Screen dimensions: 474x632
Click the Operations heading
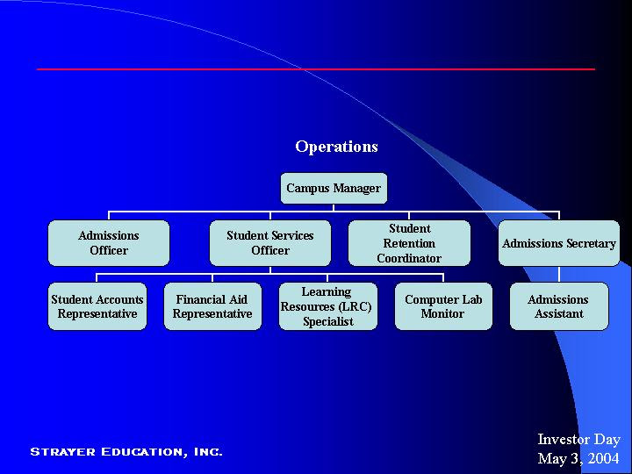tap(336, 147)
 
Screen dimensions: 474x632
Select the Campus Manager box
tap(334, 189)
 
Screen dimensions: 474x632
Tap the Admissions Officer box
tap(109, 243)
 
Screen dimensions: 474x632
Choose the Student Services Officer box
tap(270, 243)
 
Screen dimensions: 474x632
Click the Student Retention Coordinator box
tap(409, 243)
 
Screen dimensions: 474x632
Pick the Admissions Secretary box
tap(559, 243)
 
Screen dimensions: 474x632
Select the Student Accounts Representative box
tap(97, 306)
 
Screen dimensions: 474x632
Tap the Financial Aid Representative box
tap(212, 306)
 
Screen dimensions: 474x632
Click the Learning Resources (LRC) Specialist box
tap(327, 306)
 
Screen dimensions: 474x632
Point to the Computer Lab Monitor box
tap(443, 306)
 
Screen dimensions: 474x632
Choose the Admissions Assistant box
tap(559, 306)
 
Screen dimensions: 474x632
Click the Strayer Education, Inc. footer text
tap(126, 452)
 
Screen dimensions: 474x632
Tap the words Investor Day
tap(578, 440)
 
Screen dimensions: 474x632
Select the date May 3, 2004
tap(578, 458)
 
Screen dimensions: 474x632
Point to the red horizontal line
tap(316, 68)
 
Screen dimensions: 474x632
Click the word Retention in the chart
tap(409, 243)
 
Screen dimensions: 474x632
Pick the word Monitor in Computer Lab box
tap(442, 313)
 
